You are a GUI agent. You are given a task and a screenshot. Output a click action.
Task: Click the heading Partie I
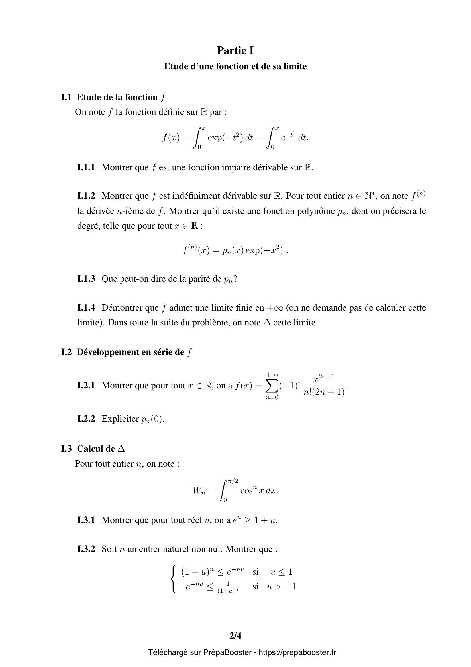235,51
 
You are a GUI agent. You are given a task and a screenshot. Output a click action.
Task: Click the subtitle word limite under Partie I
295,66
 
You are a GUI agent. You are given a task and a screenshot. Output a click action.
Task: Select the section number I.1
66,97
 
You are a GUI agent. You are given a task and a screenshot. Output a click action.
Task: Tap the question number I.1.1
86,167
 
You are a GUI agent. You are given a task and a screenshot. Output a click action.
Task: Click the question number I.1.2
86,196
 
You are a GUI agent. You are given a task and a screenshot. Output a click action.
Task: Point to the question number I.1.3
86,279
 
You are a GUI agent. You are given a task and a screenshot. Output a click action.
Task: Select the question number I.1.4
86,308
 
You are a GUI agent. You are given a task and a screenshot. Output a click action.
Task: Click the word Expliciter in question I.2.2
120,419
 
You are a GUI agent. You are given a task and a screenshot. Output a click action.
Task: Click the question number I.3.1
86,520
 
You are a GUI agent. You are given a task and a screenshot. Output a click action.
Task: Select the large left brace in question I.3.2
174,579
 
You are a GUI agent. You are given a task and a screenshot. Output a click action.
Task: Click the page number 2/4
235,636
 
